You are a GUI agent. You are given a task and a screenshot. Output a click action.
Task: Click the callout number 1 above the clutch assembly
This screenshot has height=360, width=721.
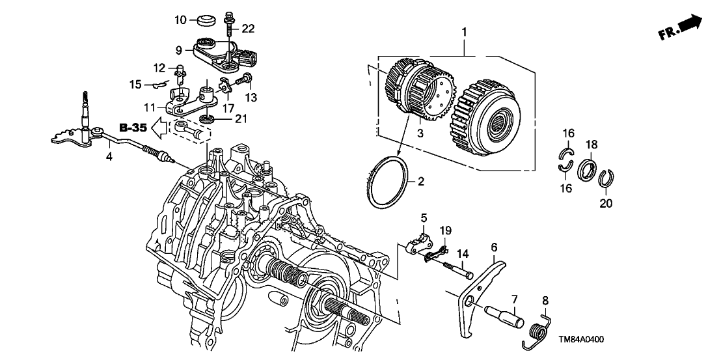click(464, 31)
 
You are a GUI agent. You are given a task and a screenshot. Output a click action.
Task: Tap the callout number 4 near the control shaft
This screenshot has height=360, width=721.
click(109, 157)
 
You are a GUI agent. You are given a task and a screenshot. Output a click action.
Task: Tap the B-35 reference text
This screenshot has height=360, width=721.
click(133, 126)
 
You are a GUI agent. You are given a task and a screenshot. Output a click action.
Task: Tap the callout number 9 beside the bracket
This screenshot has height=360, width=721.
click(180, 49)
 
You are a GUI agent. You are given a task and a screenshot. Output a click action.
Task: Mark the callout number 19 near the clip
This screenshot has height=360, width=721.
click(445, 230)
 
